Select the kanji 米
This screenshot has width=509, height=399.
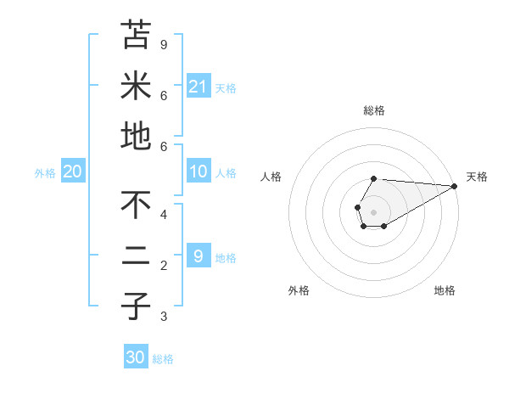coord(136,85)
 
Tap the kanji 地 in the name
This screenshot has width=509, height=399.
coord(136,136)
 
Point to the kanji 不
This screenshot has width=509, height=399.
coord(136,205)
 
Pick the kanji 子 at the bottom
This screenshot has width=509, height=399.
coord(136,306)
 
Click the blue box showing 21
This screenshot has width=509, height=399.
coord(198,86)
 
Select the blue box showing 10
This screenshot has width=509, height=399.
coord(198,171)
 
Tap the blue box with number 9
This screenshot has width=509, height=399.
coord(198,256)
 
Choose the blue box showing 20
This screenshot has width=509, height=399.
coord(72,171)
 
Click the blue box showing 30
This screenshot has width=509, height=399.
coord(135,357)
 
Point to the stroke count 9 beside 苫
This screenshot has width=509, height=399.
coord(164,44)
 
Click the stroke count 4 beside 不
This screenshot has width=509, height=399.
coord(164,214)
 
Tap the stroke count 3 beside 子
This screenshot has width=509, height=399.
coord(164,317)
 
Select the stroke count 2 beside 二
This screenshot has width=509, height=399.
coord(164,266)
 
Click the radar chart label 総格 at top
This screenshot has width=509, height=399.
coord(374,110)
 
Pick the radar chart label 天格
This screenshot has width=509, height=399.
coord(477,177)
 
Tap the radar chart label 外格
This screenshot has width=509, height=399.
coord(299,290)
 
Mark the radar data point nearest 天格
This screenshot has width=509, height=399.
coord(455,187)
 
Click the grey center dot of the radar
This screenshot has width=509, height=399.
coord(374,211)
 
